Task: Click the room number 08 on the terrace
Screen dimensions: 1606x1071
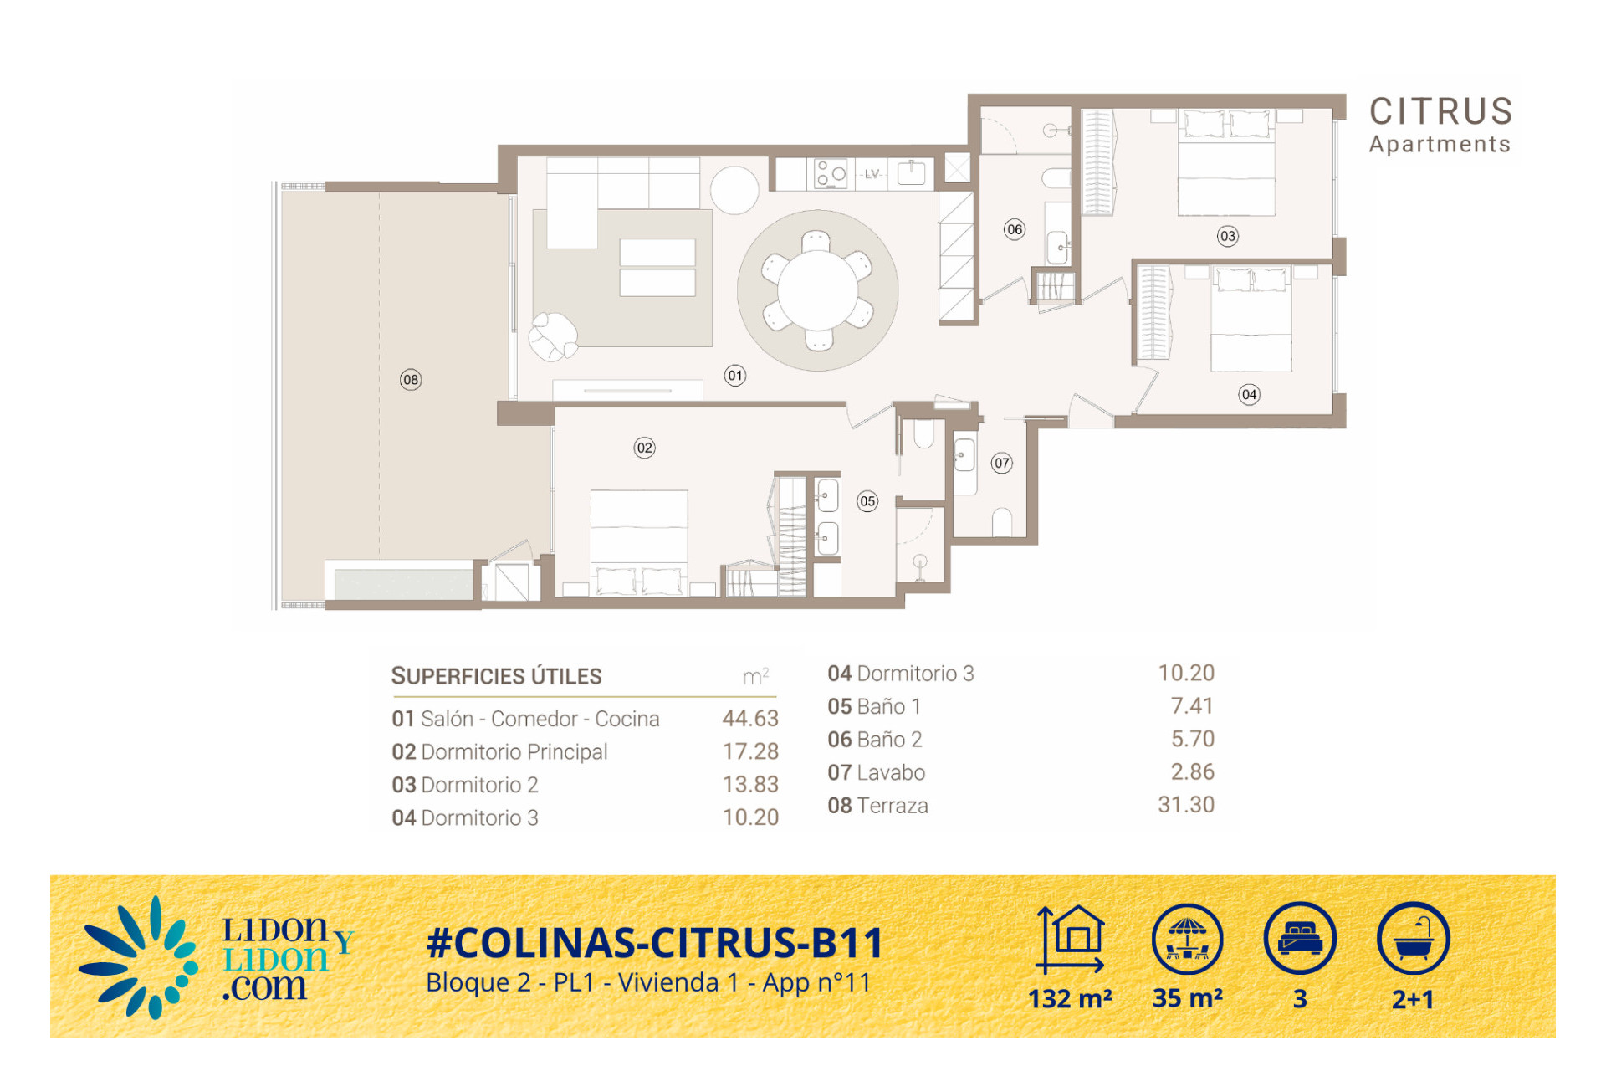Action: (410, 380)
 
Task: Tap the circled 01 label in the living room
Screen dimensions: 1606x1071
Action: (734, 376)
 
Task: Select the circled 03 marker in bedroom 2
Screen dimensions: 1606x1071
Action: (1227, 236)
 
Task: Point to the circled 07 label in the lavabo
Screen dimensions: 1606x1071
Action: (1001, 463)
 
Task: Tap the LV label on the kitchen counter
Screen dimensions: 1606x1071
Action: (872, 174)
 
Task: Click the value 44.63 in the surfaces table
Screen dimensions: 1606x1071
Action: (750, 719)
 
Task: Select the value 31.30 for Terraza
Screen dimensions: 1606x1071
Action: (1185, 805)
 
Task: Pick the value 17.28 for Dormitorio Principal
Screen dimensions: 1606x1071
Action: (750, 751)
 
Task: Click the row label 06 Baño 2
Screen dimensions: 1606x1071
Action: (874, 740)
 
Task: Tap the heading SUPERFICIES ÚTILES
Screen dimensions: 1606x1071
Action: (496, 676)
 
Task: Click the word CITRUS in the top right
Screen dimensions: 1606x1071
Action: (1440, 111)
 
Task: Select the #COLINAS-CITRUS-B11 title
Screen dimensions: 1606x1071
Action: (654, 943)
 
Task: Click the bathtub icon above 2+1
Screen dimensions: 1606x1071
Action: (1413, 938)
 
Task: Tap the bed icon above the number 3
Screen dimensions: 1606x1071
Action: (1300, 938)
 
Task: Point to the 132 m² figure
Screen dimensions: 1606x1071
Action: (1070, 999)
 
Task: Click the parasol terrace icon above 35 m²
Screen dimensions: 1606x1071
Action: (1187, 939)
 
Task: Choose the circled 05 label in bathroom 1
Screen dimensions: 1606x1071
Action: (867, 501)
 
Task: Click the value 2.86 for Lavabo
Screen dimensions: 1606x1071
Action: (1192, 772)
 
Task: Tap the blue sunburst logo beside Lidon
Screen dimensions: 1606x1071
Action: (139, 959)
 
